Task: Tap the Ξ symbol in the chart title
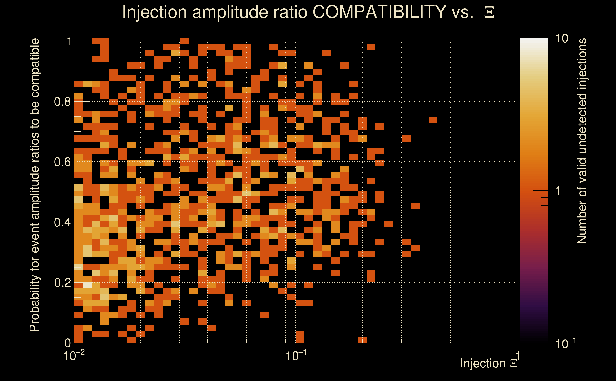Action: pos(489,12)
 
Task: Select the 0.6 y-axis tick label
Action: pos(62,162)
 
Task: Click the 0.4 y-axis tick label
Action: pos(62,222)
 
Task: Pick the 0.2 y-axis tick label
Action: pos(62,282)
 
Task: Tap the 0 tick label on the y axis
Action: pos(68,343)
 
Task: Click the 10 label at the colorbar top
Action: pos(561,39)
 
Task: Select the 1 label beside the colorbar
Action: pos(558,191)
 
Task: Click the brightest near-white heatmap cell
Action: pos(87,285)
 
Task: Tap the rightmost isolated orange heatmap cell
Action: pos(433,120)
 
